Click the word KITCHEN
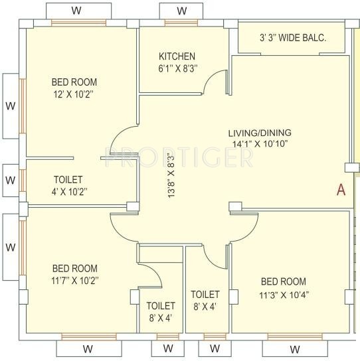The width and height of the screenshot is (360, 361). point(177,56)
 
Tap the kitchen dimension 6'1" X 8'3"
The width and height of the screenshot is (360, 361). point(177,68)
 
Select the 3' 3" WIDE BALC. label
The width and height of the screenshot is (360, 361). point(293,38)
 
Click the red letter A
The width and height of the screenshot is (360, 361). point(341,190)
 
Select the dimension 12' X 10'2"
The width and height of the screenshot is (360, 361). point(74,94)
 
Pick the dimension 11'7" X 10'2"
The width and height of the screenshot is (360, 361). point(75,280)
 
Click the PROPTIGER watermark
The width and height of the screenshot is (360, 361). point(180,157)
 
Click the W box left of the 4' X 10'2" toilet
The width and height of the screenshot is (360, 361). point(10,180)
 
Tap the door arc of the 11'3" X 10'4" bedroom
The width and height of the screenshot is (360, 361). point(244,229)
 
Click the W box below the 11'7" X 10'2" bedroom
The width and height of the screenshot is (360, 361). point(86,349)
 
